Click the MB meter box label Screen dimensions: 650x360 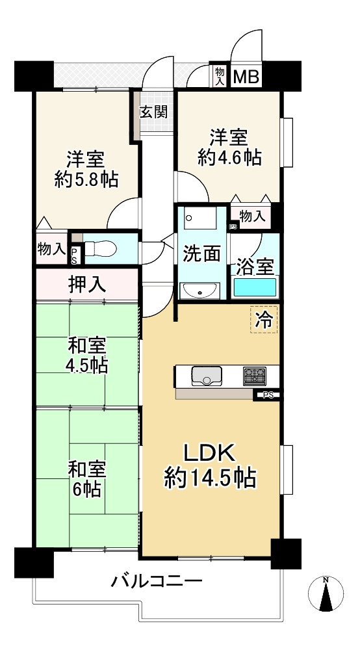246,77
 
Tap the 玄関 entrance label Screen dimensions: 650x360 153,111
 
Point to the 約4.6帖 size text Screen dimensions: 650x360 229,158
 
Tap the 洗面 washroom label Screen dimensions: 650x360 201,253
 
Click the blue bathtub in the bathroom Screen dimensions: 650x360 255,288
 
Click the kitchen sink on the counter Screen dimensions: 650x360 207,376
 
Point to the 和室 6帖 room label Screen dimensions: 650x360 84,478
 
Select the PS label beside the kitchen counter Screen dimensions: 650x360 267,395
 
